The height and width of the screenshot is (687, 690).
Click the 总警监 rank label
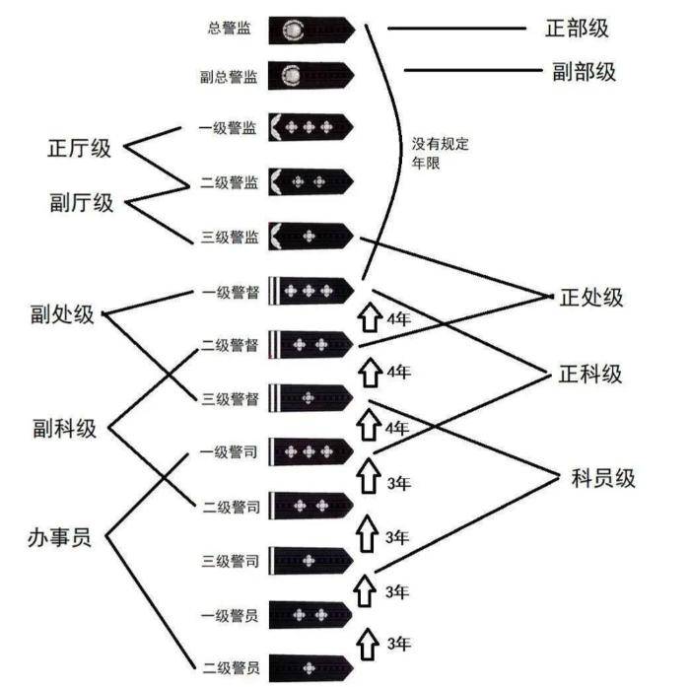(230, 29)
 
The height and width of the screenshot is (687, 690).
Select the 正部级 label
(576, 28)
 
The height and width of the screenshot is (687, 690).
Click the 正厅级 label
(80, 149)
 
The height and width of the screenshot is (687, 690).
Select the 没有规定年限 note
(440, 153)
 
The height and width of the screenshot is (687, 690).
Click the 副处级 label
(62, 314)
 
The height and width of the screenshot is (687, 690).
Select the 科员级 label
(602, 479)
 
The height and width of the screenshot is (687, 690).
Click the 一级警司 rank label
(229, 451)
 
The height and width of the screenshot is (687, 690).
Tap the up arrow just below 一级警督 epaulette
(369, 317)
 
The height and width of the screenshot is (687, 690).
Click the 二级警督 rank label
(229, 345)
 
